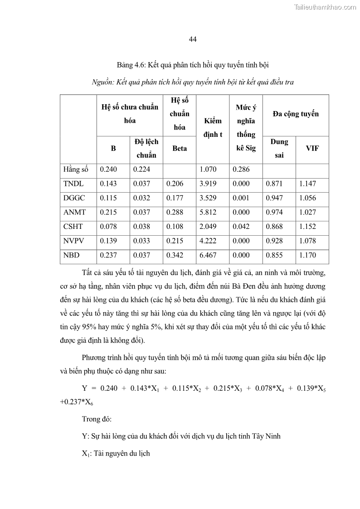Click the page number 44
pyautogui.click(x=193, y=39)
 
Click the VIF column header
pyautogui.click(x=312, y=148)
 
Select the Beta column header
pyautogui.click(x=180, y=148)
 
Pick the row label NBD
pyautogui.click(x=72, y=255)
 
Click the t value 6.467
pyautogui.click(x=208, y=255)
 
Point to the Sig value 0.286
pyautogui.click(x=241, y=170)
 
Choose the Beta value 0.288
pyautogui.click(x=175, y=212)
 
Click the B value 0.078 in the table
pyautogui.click(x=108, y=227)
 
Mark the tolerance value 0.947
pyautogui.click(x=274, y=198)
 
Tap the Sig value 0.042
pyautogui.click(x=241, y=227)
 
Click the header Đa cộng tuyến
pyautogui.click(x=296, y=114)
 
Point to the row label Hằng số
pyautogui.click(x=76, y=170)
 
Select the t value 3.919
pyautogui.click(x=208, y=184)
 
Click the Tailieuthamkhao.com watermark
pyautogui.click(x=325, y=7)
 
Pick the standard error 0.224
pyautogui.click(x=141, y=170)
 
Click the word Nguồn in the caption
pyautogui.click(x=102, y=82)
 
